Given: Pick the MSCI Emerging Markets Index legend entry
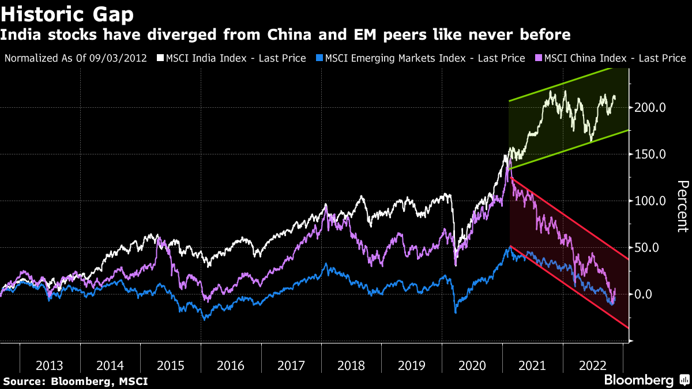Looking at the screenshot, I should [424, 58].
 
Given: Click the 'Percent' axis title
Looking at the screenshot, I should [682, 206].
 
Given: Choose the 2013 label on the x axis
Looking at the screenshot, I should [50, 365].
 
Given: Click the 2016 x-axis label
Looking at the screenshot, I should [231, 365].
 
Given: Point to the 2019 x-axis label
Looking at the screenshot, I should [411, 365].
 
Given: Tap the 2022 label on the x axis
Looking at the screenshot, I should [592, 365].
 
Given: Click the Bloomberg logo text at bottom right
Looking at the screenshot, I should [638, 380].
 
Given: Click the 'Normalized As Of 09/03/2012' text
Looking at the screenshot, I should [76, 58].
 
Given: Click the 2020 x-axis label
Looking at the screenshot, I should [472, 365].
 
